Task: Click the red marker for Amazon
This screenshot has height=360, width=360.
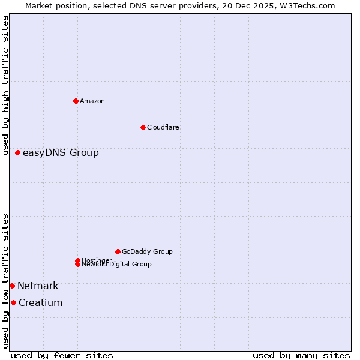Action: click(x=76, y=101)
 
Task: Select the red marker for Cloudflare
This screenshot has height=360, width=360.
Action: click(x=143, y=127)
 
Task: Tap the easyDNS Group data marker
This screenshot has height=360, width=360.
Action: click(x=18, y=153)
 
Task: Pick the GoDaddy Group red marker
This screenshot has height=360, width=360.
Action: click(x=118, y=251)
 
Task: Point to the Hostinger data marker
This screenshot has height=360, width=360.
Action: click(x=78, y=260)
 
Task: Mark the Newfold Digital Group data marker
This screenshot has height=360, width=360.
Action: click(x=78, y=265)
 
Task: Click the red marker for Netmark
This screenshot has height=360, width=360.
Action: click(x=12, y=286)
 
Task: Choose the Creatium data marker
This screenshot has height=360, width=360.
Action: click(x=13, y=303)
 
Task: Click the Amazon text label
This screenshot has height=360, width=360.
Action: click(x=92, y=101)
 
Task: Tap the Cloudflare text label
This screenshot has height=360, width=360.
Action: click(x=163, y=127)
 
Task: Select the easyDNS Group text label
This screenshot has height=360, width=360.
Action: click(x=61, y=153)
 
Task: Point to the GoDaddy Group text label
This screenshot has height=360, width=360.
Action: click(x=147, y=251)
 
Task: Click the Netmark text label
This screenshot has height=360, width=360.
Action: click(x=38, y=286)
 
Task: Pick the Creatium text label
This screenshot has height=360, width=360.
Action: click(x=41, y=303)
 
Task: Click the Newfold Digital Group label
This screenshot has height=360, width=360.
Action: click(x=116, y=265)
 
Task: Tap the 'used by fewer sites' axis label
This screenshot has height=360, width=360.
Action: click(x=62, y=356)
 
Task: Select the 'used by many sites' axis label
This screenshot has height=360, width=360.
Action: click(x=301, y=356)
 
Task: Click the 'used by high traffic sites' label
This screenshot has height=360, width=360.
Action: click(x=6, y=85)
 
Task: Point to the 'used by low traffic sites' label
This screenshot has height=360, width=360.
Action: click(x=6, y=281)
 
